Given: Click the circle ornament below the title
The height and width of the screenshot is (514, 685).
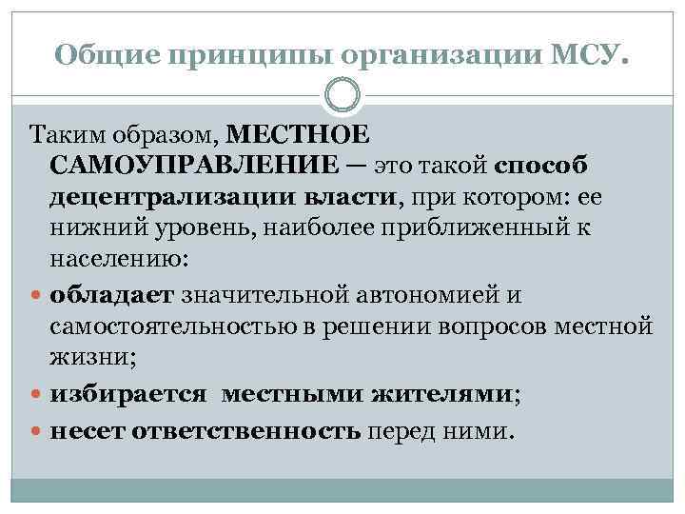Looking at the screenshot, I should point(342,95).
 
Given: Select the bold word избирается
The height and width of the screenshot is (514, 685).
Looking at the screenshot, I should point(115,393).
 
